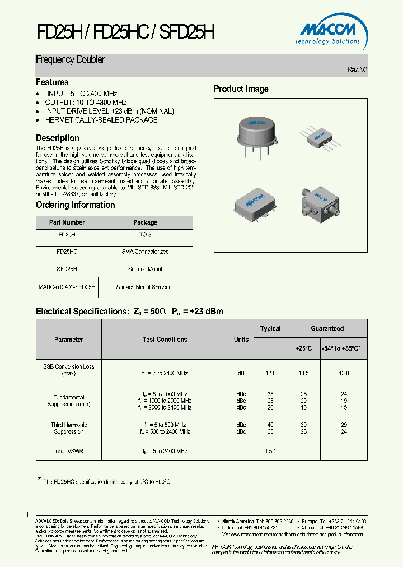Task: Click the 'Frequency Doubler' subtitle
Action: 71,59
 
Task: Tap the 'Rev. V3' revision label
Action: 357,69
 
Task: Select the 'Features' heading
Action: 52,82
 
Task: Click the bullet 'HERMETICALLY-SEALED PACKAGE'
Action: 101,120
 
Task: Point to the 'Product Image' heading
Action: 241,89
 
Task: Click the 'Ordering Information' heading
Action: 75,205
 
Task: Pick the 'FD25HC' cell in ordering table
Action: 67,252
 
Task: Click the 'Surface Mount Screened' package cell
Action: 145,287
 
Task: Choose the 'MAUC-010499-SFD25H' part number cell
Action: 67,287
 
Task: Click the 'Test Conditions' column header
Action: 165,340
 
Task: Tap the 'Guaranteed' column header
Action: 327,328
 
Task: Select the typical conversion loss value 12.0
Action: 270,373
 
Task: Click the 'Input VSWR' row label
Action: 69,451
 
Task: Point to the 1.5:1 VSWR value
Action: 270,451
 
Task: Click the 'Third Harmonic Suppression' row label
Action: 69,428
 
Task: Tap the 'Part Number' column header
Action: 67,222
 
